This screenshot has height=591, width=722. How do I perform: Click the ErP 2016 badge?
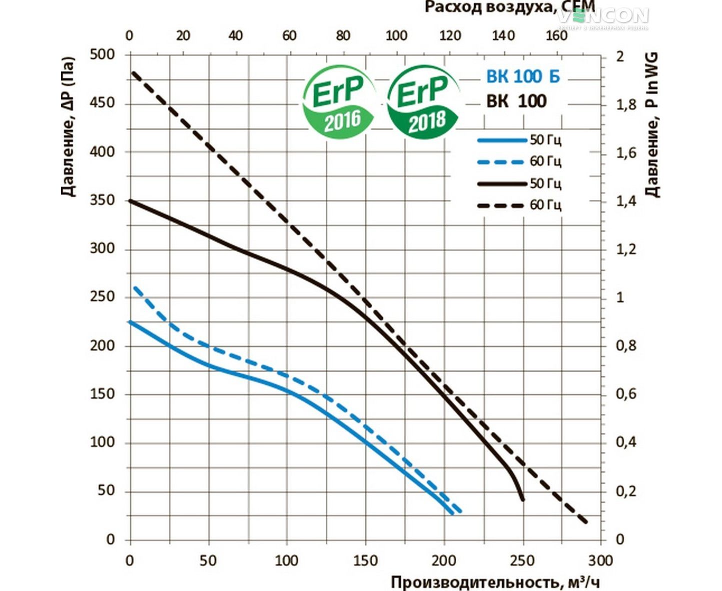[339, 102]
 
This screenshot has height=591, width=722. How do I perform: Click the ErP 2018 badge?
[424, 102]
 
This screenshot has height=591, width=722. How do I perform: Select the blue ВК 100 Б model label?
[523, 76]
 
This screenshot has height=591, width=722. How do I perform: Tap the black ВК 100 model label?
[517, 101]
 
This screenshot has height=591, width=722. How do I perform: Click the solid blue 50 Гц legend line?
[502, 140]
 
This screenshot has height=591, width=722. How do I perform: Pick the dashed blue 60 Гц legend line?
[502, 162]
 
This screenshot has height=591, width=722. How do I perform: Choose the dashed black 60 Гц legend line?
[502, 205]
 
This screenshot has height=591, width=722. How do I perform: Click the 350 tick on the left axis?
[102, 200]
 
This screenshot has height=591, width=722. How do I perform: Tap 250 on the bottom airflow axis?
[523, 560]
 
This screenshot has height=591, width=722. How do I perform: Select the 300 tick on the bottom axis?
[600, 560]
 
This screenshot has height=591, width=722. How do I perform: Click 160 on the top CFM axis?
[556, 36]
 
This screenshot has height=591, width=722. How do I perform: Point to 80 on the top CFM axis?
[343, 36]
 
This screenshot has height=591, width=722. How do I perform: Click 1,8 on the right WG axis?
[626, 104]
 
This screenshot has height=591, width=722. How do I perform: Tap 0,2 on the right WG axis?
[626, 491]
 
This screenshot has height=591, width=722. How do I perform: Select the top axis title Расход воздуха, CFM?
[510, 7]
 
